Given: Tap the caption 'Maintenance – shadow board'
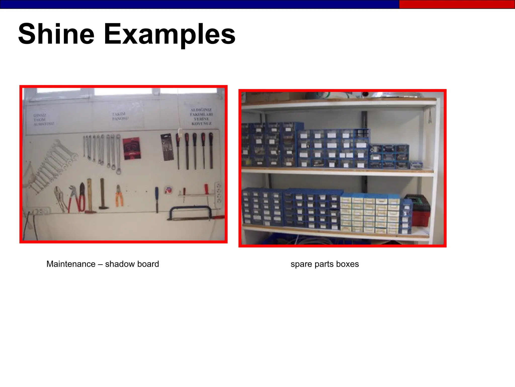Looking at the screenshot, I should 103,264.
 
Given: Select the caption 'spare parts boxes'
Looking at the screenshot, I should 324,264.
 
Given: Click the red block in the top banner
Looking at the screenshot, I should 457,4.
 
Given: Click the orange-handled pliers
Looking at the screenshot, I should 119,196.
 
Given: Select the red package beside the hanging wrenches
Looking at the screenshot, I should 132,149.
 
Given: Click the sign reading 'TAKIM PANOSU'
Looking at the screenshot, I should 120,116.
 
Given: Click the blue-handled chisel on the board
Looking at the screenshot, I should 157,198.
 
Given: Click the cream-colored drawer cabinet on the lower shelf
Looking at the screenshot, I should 370,214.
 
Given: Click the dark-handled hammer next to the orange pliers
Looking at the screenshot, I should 103,194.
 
